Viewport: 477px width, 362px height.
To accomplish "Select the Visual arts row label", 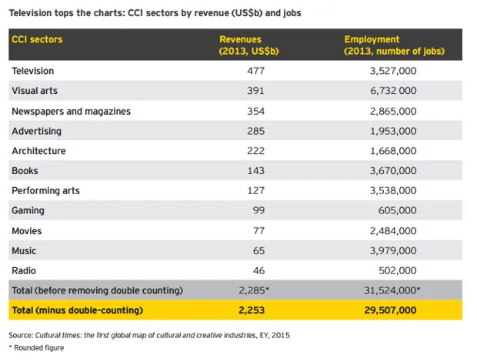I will pyautogui.click(x=34, y=91).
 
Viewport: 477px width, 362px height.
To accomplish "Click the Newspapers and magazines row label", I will pyautogui.click(x=71, y=111).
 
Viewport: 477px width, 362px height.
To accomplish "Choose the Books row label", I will pyautogui.click(x=25, y=170).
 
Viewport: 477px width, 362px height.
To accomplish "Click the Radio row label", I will pyautogui.click(x=24, y=270).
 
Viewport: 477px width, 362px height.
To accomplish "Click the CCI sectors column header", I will pyautogui.click(x=37, y=39).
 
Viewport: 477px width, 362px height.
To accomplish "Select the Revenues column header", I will pyautogui.click(x=241, y=45).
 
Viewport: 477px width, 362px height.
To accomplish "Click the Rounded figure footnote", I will pyautogui.click(x=39, y=348).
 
